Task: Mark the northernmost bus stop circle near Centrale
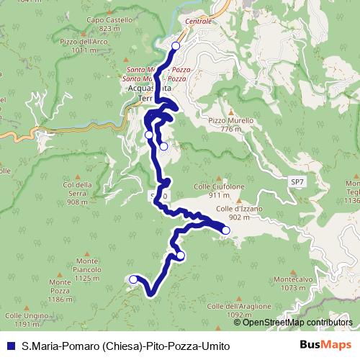(176, 46)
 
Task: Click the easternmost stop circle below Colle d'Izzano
(225, 230)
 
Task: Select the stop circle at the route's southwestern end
(132, 279)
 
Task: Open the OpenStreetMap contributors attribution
(297, 322)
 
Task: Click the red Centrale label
(199, 22)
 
